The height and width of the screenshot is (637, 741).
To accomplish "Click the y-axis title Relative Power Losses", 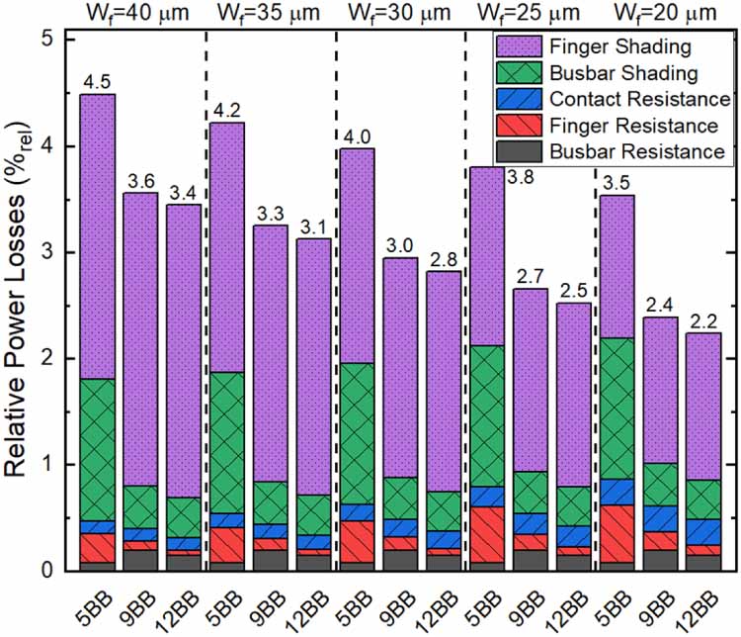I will click(x=21, y=307).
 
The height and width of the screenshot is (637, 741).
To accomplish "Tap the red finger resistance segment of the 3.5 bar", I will click(x=616, y=533).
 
